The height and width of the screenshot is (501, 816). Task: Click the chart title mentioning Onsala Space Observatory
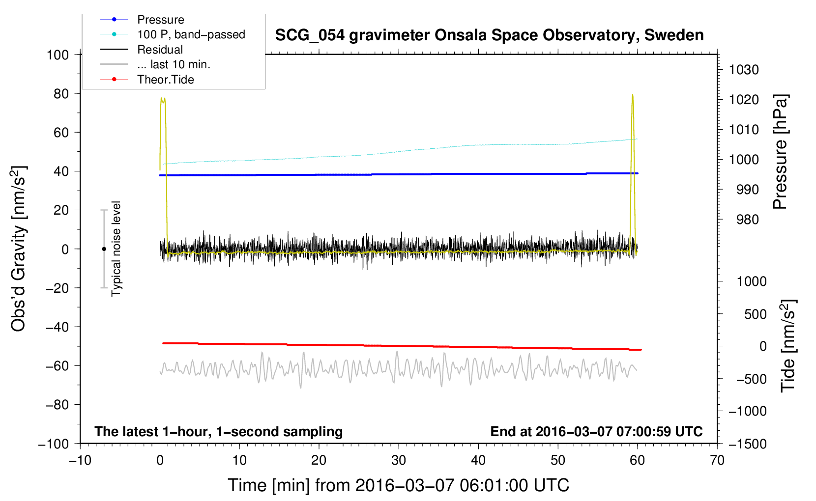489,35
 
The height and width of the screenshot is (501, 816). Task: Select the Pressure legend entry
161,20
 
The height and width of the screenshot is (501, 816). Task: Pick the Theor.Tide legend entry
166,80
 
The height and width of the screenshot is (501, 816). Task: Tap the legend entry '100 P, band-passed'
191,34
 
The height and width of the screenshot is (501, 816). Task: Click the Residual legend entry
160,50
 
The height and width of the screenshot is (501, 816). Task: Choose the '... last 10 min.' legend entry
174,64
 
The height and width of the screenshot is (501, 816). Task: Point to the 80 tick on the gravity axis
61,93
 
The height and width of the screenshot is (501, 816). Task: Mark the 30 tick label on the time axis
398,460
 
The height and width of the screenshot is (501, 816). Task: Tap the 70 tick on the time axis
717,460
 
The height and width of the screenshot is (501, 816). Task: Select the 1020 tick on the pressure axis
744,100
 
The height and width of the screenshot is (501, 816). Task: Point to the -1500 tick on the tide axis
747,444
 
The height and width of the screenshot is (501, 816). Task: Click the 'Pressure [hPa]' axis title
780,152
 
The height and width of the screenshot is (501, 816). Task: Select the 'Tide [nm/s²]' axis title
788,345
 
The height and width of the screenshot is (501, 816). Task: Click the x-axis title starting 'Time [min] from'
398,485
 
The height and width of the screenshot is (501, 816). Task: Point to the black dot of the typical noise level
104,249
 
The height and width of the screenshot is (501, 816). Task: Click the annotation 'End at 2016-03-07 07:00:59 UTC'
596,431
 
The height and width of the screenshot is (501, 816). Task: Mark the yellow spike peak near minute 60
632,95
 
